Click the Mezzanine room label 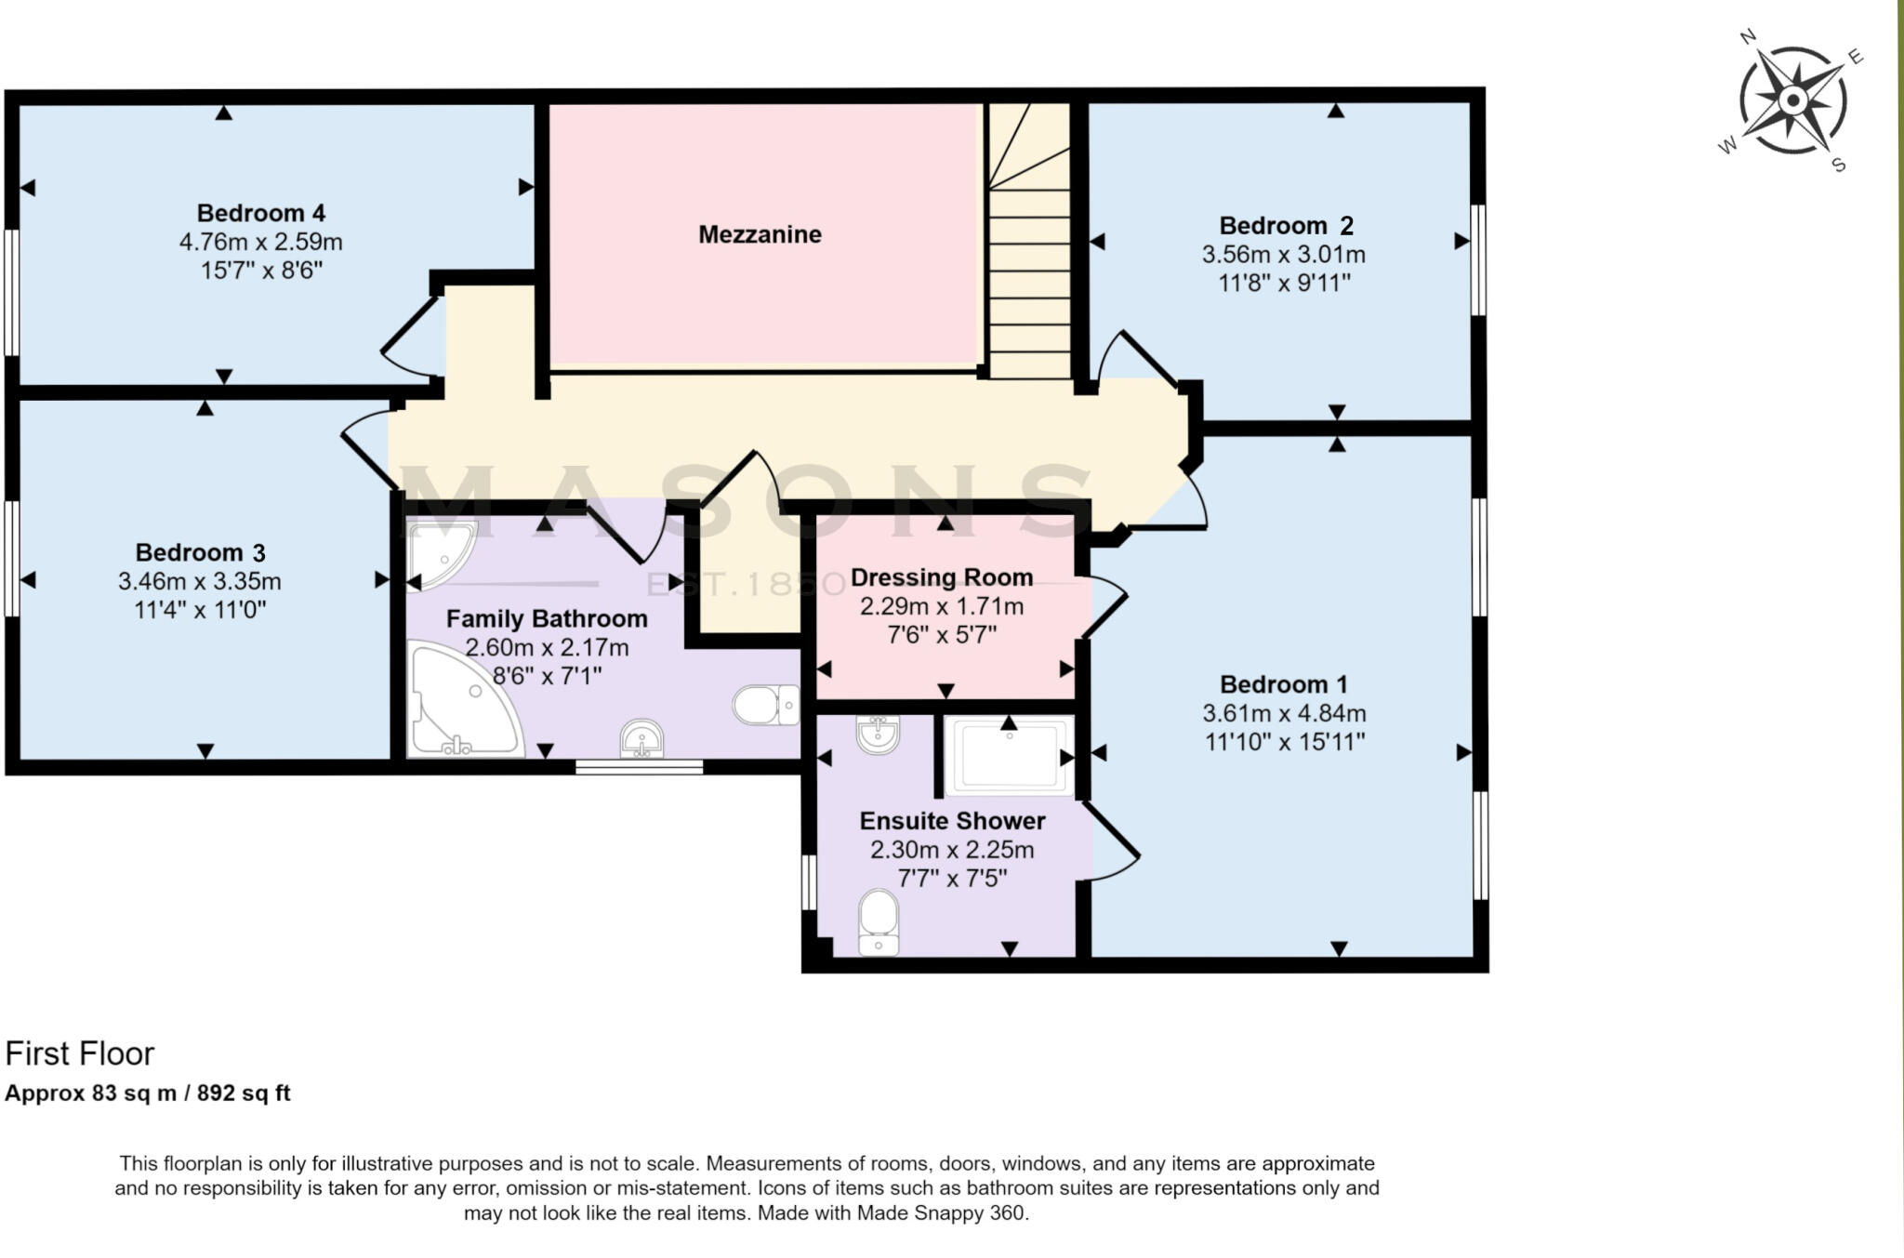[760, 234]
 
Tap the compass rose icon [1793, 100]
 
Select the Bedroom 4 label [260, 213]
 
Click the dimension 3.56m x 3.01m [1283, 254]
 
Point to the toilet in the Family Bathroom [765, 705]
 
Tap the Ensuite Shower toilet [879, 922]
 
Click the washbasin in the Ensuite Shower [878, 735]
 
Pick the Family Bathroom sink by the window [642, 738]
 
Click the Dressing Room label [941, 577]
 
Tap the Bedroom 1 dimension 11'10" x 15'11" [1284, 742]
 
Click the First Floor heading [80, 1053]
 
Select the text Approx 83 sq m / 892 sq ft [148, 1093]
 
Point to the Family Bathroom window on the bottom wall [638, 767]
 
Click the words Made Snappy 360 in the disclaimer [941, 1213]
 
